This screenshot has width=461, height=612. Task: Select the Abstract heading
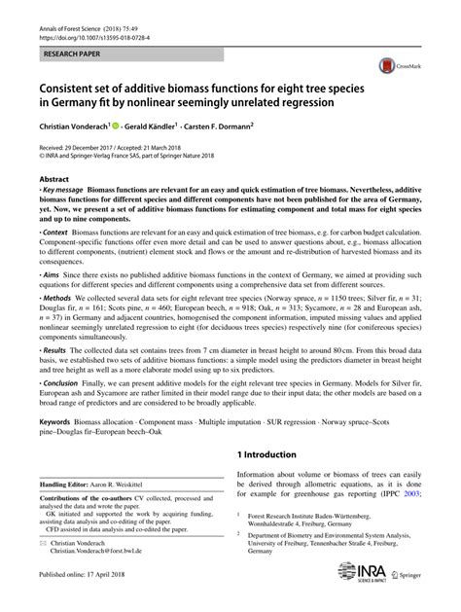pos(54,180)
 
